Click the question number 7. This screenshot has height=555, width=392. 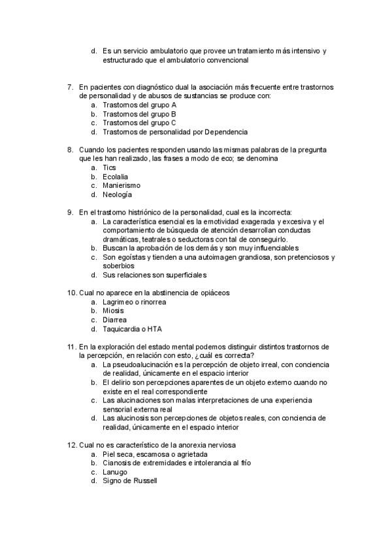click(x=70, y=86)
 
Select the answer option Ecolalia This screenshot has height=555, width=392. click(x=115, y=177)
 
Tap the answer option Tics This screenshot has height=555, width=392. click(x=109, y=168)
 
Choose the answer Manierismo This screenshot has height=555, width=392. click(x=122, y=185)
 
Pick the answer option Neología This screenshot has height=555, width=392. click(x=118, y=194)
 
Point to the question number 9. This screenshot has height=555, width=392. click(x=70, y=212)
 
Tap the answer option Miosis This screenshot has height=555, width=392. click(x=113, y=311)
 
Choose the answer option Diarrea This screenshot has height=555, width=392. click(x=114, y=319)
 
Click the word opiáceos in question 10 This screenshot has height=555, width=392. click(x=213, y=293)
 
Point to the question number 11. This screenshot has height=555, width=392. click(x=72, y=346)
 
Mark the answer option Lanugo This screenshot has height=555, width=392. click(x=115, y=471)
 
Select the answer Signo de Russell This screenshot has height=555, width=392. click(x=129, y=480)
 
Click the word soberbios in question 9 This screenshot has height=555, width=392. click(x=118, y=266)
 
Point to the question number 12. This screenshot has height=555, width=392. click(x=72, y=444)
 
